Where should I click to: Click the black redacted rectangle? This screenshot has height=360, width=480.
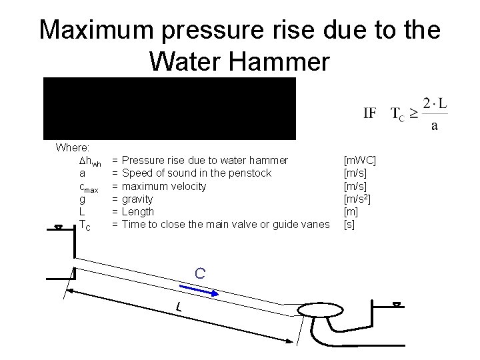pyautogui.click(x=169, y=108)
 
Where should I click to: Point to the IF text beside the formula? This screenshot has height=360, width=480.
pyautogui.click(x=370, y=113)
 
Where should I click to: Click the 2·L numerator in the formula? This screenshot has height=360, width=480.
pyautogui.click(x=434, y=101)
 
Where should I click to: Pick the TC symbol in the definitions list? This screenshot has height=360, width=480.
pyautogui.click(x=85, y=225)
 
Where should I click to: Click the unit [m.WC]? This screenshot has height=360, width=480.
pyautogui.click(x=359, y=160)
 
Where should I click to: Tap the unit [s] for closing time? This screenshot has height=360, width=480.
pyautogui.click(x=349, y=224)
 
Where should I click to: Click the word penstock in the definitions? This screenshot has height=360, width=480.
pyautogui.click(x=250, y=173)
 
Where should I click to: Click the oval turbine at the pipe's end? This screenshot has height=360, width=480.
pyautogui.click(x=319, y=311)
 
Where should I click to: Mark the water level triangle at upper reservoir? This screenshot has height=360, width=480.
pyautogui.click(x=59, y=227)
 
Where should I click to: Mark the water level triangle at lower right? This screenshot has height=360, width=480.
pyautogui.click(x=397, y=305)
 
